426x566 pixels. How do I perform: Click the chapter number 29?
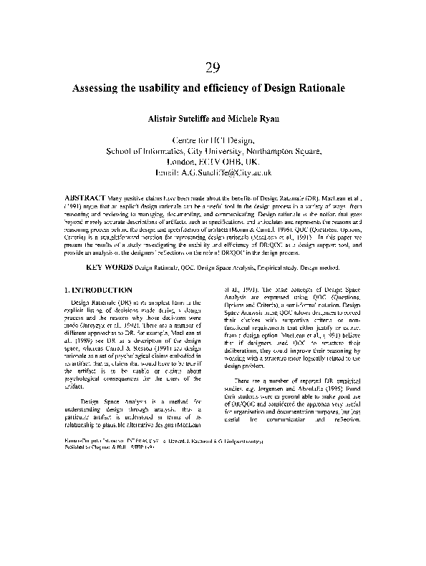(212, 69)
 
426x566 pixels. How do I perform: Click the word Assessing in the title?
(100, 90)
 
